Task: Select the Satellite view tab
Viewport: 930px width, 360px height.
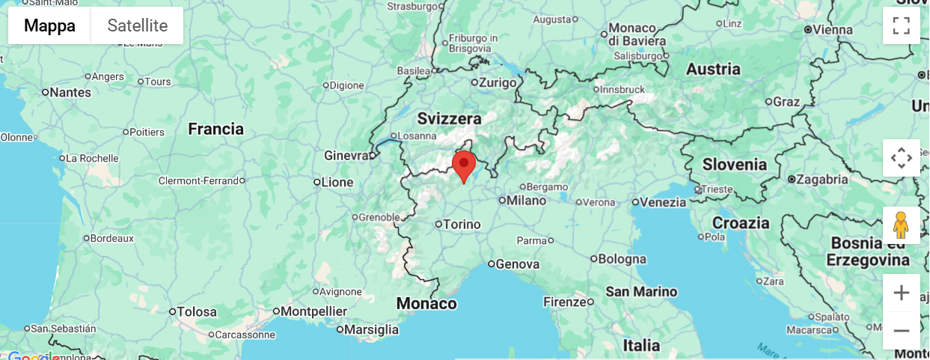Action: point(137,25)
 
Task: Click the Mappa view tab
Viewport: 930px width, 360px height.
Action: point(49,25)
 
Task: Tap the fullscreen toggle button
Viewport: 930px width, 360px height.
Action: point(901,25)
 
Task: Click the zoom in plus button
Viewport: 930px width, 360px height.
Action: point(901,293)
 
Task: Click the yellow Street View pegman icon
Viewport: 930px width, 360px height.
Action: point(901,225)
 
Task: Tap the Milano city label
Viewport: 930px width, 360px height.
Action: point(527,201)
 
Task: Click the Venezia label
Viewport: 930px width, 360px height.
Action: point(663,202)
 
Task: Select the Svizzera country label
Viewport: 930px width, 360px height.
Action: point(450,119)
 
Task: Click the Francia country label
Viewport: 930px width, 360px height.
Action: point(215,129)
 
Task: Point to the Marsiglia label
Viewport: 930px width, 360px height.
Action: point(372,329)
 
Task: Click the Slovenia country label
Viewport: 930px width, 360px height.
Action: point(735,164)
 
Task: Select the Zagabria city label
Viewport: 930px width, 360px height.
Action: point(822,180)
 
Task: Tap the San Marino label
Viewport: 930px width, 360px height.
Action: point(641,291)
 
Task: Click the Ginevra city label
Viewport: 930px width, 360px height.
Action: point(346,156)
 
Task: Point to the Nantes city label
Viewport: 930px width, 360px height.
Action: point(70,93)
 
